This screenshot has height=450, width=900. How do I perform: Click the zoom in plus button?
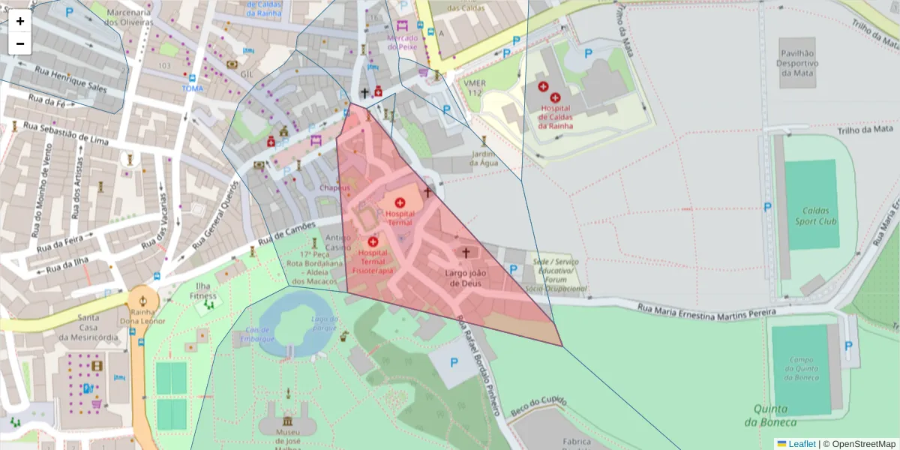pyautogui.click(x=20, y=21)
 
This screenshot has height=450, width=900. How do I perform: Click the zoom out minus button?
pyautogui.click(x=20, y=43)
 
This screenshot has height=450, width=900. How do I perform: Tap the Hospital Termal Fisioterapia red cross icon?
pyautogui.click(x=373, y=241)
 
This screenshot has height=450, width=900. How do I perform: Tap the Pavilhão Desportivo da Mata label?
pyautogui.click(x=797, y=63)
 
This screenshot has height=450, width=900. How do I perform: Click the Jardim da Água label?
pyautogui.click(x=484, y=158)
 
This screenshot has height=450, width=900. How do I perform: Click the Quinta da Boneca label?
pyautogui.click(x=771, y=415)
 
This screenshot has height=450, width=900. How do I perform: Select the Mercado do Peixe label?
pyautogui.click(x=402, y=41)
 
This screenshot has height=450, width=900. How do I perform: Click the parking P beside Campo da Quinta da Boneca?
pyautogui.click(x=848, y=346)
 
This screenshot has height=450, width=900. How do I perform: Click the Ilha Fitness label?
pyautogui.click(x=202, y=291)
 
